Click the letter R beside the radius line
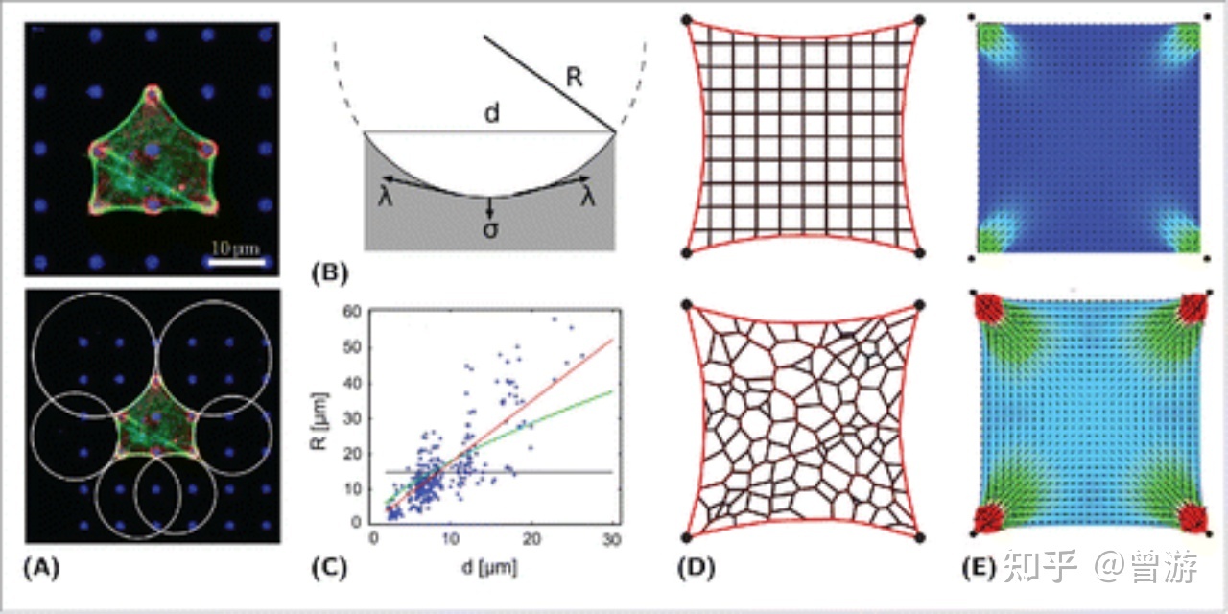pos(574,79)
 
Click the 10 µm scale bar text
pos(234,248)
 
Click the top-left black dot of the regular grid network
pos(685,19)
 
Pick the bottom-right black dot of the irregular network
pos(920,536)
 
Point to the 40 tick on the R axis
pos(356,382)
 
